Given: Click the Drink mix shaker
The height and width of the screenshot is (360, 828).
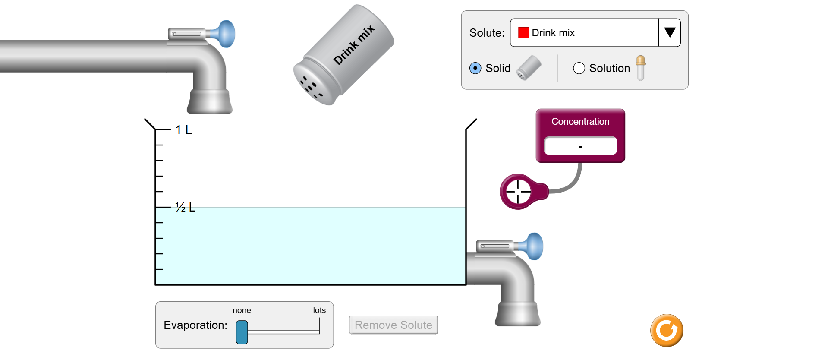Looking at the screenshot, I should pyautogui.click(x=343, y=55).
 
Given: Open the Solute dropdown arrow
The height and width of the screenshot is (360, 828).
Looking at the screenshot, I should pyautogui.click(x=669, y=32).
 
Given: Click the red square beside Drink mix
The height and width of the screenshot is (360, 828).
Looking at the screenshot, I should pyautogui.click(x=523, y=33).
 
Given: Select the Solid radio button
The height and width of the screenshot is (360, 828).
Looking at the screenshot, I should pyautogui.click(x=475, y=68).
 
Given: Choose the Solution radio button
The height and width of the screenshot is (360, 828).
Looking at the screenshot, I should pyautogui.click(x=579, y=68).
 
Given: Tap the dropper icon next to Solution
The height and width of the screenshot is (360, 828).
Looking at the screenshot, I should pyautogui.click(x=641, y=68).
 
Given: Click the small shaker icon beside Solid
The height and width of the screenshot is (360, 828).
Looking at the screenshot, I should pyautogui.click(x=529, y=68).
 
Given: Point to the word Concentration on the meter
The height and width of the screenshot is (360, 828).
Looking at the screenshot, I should pyautogui.click(x=580, y=122).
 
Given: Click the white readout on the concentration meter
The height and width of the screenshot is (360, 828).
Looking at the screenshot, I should pyautogui.click(x=580, y=146).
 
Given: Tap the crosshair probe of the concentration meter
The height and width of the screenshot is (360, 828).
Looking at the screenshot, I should pyautogui.click(x=518, y=191).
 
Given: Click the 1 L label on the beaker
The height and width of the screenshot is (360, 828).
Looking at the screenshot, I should pyautogui.click(x=184, y=129).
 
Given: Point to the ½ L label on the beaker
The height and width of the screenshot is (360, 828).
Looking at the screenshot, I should pyautogui.click(x=185, y=207).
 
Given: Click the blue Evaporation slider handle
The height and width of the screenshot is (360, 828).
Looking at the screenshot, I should pyautogui.click(x=242, y=332).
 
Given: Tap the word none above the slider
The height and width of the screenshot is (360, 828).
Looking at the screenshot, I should pyautogui.click(x=242, y=310).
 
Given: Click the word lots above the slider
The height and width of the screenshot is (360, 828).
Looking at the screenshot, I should pyautogui.click(x=319, y=310).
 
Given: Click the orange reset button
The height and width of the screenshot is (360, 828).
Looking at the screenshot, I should pyautogui.click(x=667, y=331).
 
